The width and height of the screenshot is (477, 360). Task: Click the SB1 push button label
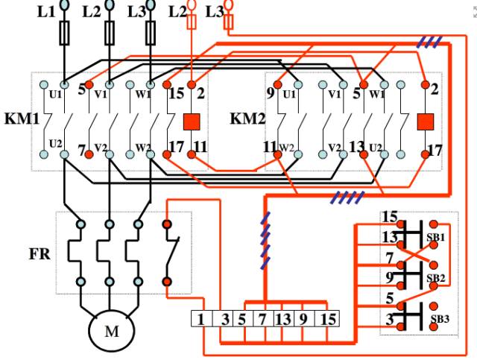(435, 237)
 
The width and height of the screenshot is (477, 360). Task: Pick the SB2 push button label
(435, 278)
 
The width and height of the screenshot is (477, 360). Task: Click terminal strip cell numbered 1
(202, 320)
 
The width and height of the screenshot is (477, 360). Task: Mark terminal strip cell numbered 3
(225, 320)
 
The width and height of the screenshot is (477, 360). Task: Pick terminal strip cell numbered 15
(327, 320)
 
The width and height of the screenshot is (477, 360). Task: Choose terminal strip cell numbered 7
(262, 320)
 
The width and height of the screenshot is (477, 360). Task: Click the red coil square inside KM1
(192, 121)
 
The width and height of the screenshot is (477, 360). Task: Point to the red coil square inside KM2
(426, 121)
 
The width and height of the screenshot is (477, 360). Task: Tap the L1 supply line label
(47, 11)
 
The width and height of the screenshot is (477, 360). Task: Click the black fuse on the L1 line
(65, 34)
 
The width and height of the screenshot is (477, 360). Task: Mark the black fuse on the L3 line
(151, 34)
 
